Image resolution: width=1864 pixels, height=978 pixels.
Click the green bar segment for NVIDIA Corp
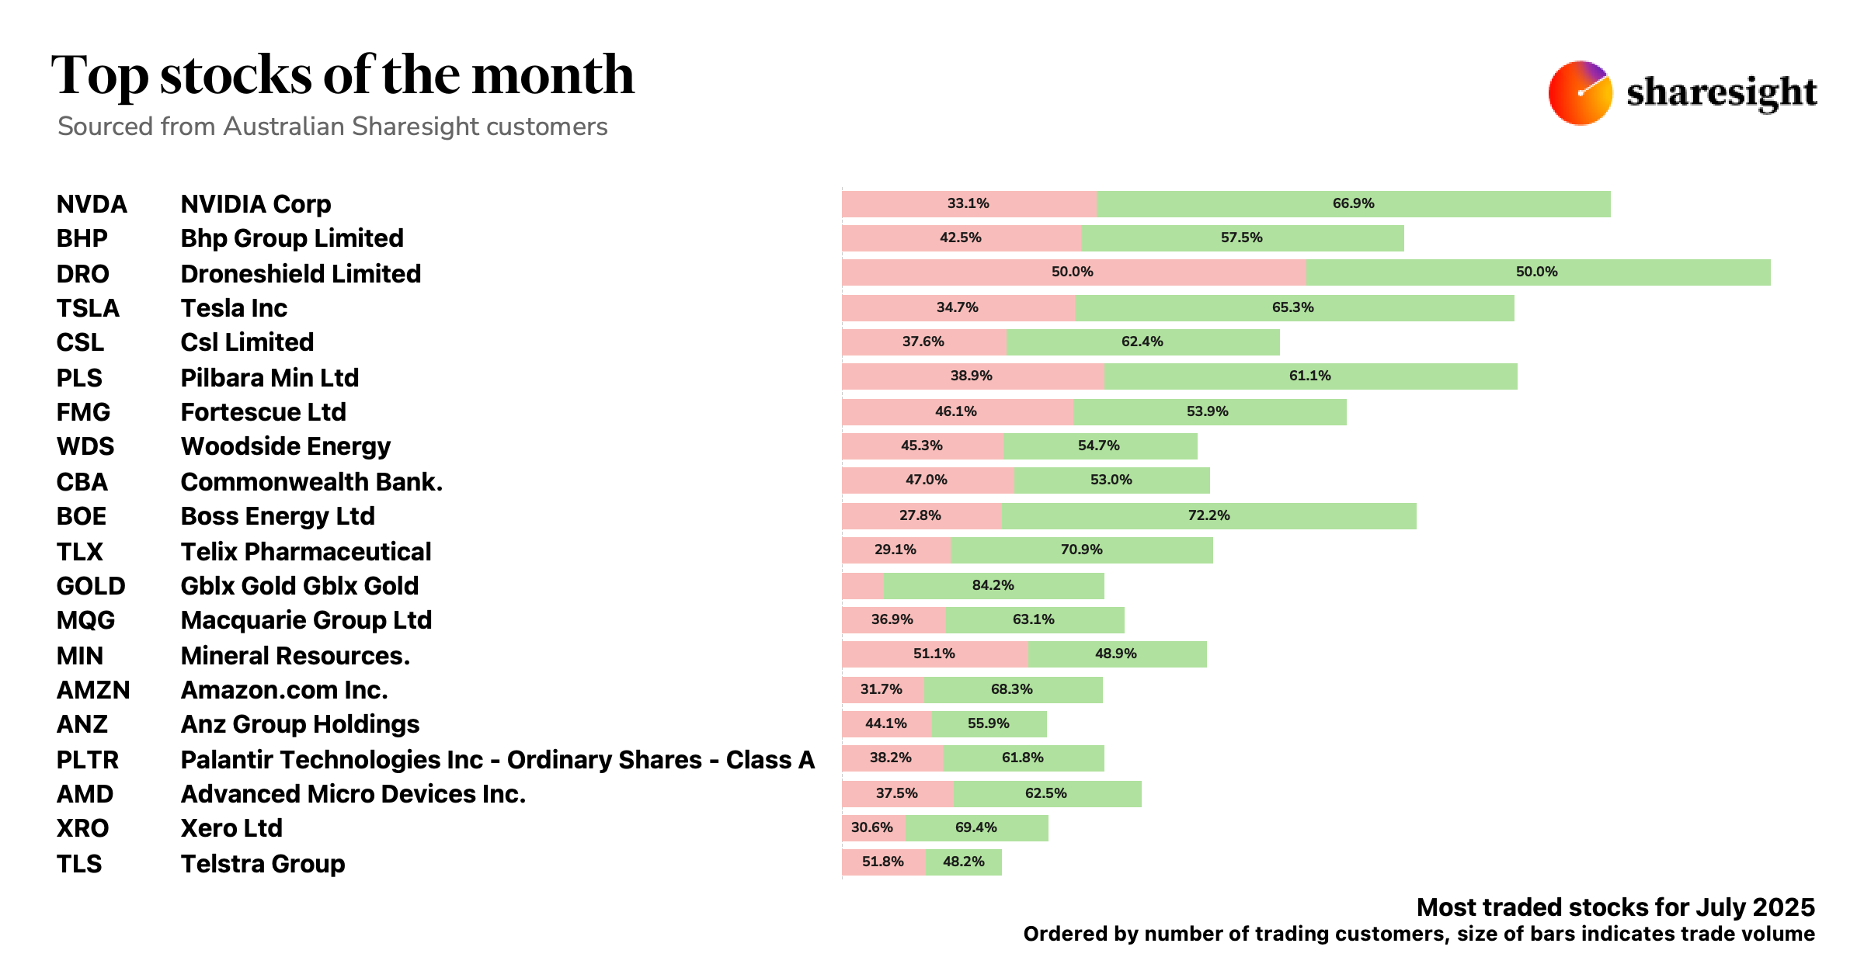(x=1353, y=204)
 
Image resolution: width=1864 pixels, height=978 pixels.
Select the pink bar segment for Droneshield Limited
(x=1073, y=272)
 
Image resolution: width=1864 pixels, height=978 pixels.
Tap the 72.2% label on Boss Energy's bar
(x=1208, y=515)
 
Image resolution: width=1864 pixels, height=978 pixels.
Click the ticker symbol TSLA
(x=88, y=308)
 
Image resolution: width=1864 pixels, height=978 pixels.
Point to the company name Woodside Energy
(x=285, y=446)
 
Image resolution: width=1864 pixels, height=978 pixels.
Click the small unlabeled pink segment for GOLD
(x=862, y=586)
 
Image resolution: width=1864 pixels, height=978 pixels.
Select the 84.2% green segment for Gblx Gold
(x=993, y=586)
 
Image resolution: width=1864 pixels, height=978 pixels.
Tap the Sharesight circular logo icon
(x=1580, y=92)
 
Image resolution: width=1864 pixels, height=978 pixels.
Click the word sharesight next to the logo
(x=1721, y=93)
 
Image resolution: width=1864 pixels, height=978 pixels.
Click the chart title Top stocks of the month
(x=343, y=75)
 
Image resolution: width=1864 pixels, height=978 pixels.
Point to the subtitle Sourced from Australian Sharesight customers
(x=332, y=127)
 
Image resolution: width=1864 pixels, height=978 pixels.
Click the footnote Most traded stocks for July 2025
(x=1615, y=907)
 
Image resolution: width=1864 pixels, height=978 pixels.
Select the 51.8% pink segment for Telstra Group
(x=883, y=862)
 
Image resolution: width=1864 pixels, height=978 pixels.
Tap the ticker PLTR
(x=88, y=760)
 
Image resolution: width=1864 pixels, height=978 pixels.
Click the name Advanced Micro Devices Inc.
(x=353, y=794)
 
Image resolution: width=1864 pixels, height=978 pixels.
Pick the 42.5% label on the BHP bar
(x=961, y=238)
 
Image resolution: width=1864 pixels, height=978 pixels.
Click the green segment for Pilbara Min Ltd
(x=1310, y=376)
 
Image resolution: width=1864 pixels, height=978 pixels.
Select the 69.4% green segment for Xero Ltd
(x=976, y=828)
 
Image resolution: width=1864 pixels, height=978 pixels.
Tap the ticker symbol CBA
(x=82, y=482)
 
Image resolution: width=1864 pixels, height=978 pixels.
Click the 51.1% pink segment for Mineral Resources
(x=934, y=654)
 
